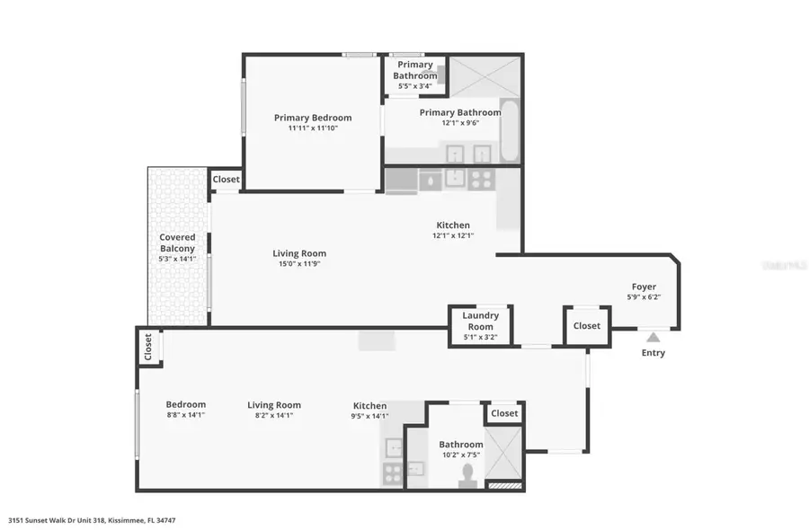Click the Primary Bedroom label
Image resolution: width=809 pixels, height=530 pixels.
coord(313,118)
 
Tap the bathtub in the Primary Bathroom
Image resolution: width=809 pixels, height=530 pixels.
coord(510,131)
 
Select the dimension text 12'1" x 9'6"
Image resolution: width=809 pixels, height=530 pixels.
coord(460,124)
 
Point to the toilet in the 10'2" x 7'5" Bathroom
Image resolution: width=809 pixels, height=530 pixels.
coord(467,474)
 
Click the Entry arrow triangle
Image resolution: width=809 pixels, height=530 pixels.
coord(653,337)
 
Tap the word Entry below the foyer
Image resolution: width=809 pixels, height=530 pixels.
coord(653,353)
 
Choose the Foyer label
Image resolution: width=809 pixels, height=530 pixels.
coord(644,287)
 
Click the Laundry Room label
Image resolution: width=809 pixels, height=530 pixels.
coord(480,321)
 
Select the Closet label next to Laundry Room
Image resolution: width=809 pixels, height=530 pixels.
coord(587,326)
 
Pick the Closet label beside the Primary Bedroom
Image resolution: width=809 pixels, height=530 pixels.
coord(227,180)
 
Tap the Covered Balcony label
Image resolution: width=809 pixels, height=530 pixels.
coord(177,243)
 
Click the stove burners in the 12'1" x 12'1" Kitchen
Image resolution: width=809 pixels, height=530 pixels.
coord(482,179)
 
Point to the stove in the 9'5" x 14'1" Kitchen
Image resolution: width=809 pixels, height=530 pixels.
coord(393,473)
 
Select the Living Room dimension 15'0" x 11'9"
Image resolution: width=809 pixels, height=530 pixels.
coord(299,265)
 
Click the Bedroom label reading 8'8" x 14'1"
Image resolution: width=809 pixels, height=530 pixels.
coord(186,405)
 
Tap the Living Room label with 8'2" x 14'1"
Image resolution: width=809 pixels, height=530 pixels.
coord(274,405)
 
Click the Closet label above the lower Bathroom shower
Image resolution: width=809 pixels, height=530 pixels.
coord(504,413)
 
